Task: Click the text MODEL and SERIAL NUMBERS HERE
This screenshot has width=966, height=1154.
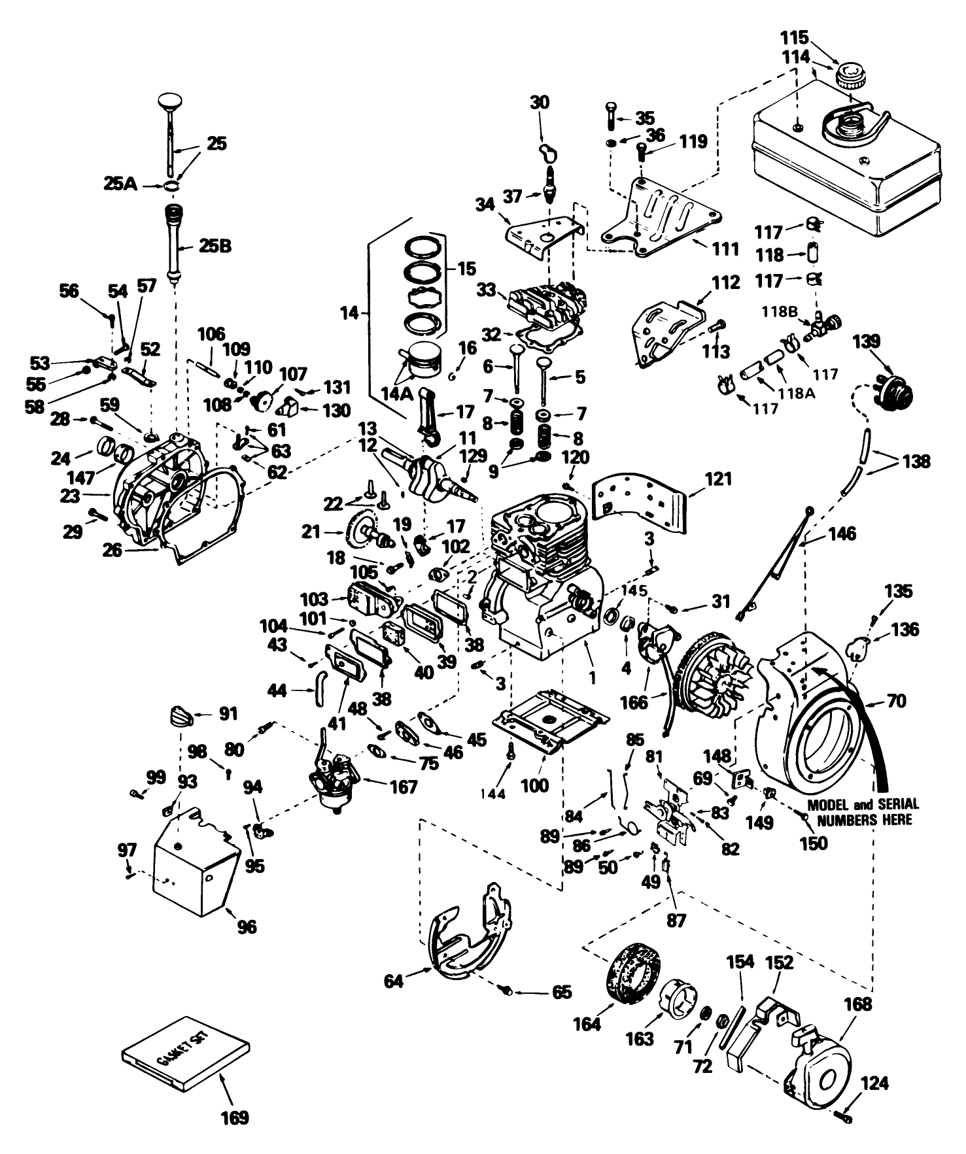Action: (x=863, y=811)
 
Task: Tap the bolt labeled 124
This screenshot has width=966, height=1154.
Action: (x=844, y=1119)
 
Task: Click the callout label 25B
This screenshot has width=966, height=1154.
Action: (x=216, y=246)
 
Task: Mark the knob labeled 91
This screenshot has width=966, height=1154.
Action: (x=182, y=716)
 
